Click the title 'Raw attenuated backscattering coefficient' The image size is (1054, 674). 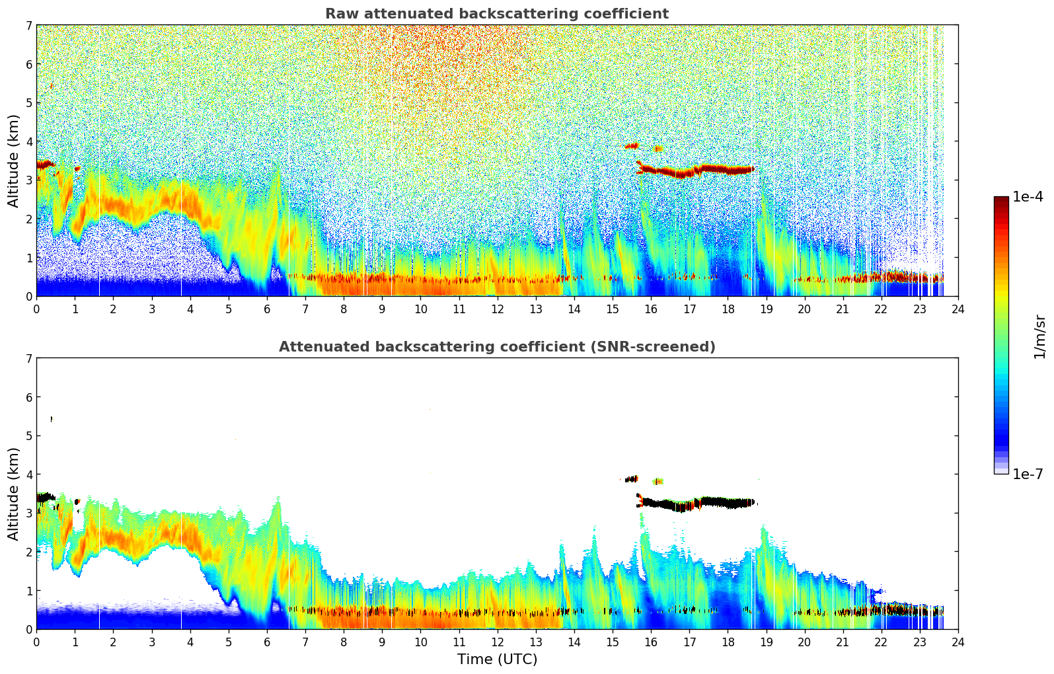pyautogui.click(x=496, y=14)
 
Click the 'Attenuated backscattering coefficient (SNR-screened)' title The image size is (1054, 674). pyautogui.click(x=496, y=347)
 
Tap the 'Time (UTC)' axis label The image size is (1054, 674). pyautogui.click(x=497, y=659)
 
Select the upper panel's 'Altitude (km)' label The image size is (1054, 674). pyautogui.click(x=13, y=161)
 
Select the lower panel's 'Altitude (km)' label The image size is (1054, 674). pyautogui.click(x=13, y=494)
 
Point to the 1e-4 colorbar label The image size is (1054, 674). pyautogui.click(x=1028, y=197)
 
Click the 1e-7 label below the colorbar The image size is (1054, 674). pyautogui.click(x=1028, y=474)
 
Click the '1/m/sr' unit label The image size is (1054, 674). pyautogui.click(x=1039, y=336)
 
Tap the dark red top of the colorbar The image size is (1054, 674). pyautogui.click(x=1001, y=200)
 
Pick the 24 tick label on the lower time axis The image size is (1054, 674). pyautogui.click(x=958, y=642)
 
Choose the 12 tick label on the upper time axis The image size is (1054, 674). pyautogui.click(x=497, y=309)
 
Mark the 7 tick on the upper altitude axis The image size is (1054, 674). pyautogui.click(x=28, y=26)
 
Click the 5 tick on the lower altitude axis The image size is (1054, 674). pyautogui.click(x=28, y=436)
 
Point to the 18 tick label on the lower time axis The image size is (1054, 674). pyautogui.click(x=728, y=642)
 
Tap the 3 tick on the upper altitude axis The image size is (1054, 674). pyautogui.click(x=28, y=180)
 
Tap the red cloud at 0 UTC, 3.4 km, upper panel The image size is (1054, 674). pyautogui.click(x=45, y=165)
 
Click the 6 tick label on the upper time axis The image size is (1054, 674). pyautogui.click(x=267, y=309)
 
